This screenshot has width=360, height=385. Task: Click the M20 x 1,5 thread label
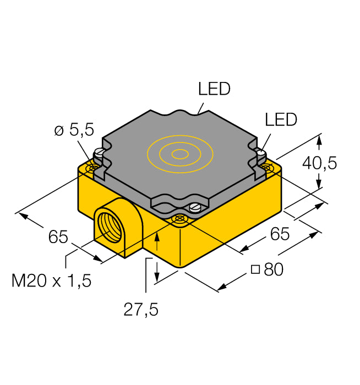pos(52,281)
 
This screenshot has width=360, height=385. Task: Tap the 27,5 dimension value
pos(140,310)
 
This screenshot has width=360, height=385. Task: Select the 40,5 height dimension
pos(318,163)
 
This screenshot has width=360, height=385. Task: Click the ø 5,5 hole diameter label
pos(74,130)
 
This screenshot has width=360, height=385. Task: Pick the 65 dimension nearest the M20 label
pos(58,238)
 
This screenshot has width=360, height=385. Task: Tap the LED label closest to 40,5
pos(280,119)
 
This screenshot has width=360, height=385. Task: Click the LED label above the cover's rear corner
pos(214,89)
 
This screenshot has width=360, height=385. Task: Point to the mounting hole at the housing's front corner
pos(179,220)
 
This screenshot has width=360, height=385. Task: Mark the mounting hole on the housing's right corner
pos(267,166)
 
